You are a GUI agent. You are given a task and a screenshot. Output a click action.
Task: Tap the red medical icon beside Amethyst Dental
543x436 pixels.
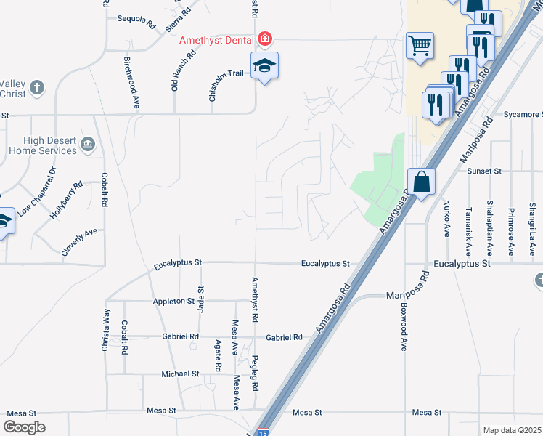click(266, 38)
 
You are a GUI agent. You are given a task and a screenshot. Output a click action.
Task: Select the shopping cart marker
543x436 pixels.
click(420, 46)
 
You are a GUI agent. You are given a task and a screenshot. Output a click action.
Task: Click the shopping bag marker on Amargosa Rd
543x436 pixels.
click(421, 181)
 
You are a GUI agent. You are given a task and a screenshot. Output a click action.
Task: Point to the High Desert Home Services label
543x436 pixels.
click(43, 145)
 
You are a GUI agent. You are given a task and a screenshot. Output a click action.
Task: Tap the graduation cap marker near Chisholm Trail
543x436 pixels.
click(264, 66)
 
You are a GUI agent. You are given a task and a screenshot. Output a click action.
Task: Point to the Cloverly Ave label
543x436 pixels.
click(79, 241)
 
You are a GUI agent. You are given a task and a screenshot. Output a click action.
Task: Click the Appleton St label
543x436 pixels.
click(173, 301)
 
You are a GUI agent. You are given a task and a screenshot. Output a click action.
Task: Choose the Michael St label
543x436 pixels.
click(180, 374)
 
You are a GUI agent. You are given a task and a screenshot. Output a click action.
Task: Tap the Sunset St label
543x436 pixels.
click(484, 171)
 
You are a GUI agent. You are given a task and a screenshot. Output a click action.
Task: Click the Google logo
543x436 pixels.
click(24, 427)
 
